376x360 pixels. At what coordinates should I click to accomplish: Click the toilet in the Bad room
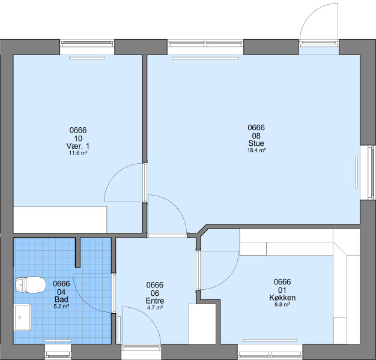(31, 285)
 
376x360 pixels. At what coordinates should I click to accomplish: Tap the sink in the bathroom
(22, 317)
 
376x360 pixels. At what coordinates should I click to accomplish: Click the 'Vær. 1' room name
(77, 146)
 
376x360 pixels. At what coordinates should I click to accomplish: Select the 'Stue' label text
(256, 143)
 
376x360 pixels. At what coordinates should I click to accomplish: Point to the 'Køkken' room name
(282, 298)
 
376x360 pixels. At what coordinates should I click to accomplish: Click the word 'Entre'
(155, 301)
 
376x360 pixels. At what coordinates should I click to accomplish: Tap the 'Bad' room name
(61, 299)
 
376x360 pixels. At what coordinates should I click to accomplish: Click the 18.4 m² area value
(256, 151)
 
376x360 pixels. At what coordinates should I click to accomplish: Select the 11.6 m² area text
(78, 153)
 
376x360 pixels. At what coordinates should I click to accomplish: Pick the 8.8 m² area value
(282, 305)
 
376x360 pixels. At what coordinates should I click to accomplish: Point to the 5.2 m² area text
(61, 307)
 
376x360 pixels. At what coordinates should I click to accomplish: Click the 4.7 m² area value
(155, 308)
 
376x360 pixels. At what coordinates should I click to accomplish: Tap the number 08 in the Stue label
(256, 136)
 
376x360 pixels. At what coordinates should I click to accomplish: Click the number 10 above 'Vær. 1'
(78, 139)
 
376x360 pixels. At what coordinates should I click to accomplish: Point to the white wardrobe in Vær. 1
(60, 219)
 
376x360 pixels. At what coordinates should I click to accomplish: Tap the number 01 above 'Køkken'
(282, 290)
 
